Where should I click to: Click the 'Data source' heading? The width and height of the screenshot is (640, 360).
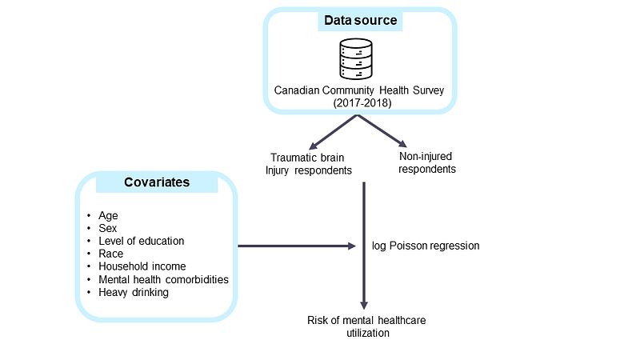click(x=360, y=20)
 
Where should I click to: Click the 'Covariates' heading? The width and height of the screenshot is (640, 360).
click(x=157, y=182)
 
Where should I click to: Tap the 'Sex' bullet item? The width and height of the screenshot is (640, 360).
click(x=109, y=228)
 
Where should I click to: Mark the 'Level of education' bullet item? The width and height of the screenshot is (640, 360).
click(x=141, y=241)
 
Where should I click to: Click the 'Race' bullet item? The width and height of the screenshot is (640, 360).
click(x=111, y=254)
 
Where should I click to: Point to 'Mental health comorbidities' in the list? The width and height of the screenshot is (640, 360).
click(x=163, y=279)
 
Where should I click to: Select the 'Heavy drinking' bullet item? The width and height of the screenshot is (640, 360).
click(x=134, y=292)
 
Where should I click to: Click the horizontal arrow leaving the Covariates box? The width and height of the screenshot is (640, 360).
click(x=296, y=246)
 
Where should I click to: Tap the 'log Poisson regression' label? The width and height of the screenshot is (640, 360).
click(x=426, y=246)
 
